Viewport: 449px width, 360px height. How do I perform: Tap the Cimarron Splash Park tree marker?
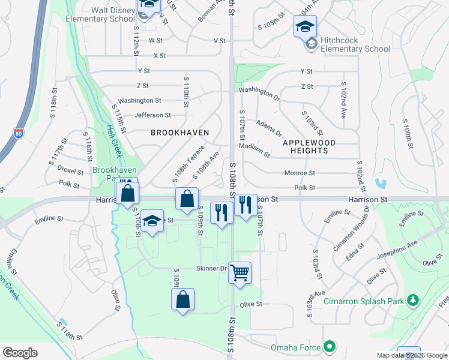tap(412, 299)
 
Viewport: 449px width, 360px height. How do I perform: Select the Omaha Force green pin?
tap(329, 346)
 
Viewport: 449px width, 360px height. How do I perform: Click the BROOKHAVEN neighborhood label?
tap(179, 132)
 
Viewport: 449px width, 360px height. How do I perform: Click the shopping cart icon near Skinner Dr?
tap(240, 273)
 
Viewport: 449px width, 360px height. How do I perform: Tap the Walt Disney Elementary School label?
tap(113, 14)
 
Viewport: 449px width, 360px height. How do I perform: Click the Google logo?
tap(20, 352)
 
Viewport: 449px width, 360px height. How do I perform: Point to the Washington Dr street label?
tap(259, 93)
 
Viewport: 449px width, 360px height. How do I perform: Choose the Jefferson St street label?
tap(152, 115)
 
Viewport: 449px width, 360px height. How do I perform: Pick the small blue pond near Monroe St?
tap(380, 182)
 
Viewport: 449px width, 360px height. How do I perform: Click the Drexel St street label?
tap(70, 170)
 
